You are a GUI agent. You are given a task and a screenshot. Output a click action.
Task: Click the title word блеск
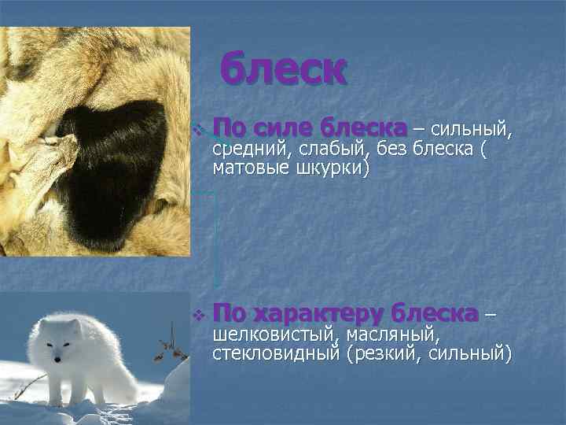(x=282, y=69)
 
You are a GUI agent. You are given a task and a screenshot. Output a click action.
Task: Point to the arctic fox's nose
(x=57, y=360)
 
